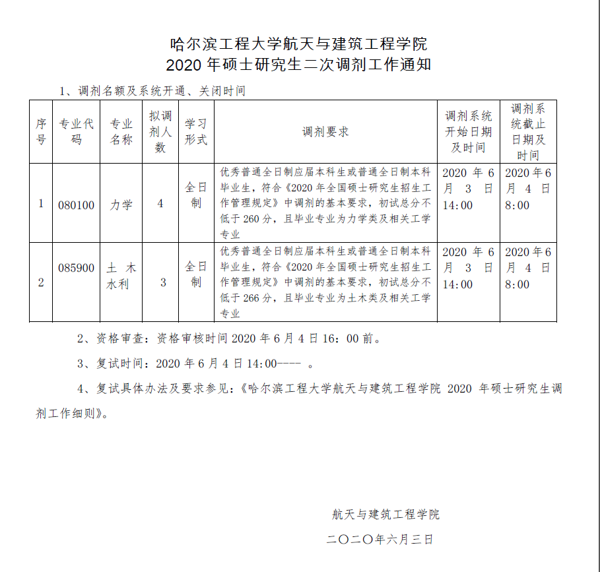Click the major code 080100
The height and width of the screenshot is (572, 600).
77,205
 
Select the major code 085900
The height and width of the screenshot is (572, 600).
77,268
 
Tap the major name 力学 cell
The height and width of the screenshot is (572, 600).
121,205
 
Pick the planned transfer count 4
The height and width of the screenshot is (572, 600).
160,204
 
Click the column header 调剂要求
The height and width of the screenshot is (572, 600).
325,131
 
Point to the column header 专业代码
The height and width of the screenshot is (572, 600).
77,131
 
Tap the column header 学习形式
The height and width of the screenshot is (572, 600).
196,131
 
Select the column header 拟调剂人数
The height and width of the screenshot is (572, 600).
160,131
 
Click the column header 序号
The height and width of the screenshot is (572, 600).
41,131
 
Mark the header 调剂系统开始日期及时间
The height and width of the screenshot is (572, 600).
468,131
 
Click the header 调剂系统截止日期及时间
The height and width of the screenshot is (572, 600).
527,132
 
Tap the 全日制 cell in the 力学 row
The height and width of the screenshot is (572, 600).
196,195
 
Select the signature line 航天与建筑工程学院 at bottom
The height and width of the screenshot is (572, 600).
385,514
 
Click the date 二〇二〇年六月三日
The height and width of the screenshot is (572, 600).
380,539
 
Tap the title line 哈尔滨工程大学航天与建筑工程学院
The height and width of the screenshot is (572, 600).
299,44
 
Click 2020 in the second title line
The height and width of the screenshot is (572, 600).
185,65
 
